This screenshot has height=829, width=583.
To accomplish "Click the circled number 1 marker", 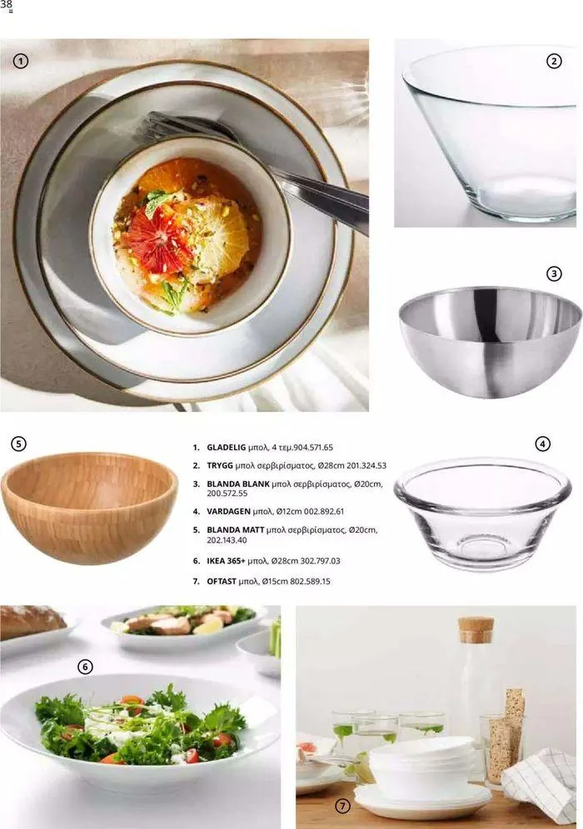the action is click(20, 62).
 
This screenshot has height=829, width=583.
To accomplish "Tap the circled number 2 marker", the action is click(553, 62).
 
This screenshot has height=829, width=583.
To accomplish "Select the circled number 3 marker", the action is click(553, 274).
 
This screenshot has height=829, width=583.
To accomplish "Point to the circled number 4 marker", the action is click(543, 444).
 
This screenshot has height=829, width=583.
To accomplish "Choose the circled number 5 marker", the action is click(18, 444).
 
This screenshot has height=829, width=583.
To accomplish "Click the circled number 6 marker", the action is click(85, 667).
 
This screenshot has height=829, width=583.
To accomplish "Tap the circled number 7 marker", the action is click(343, 806).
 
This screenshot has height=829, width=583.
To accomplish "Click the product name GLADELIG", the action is click(227, 447).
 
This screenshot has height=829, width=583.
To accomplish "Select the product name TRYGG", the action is click(220, 465).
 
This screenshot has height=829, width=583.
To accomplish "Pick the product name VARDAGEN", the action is click(228, 511).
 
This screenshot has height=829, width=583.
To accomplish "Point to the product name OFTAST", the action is click(222, 581).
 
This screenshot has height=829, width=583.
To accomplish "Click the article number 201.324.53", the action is click(366, 465).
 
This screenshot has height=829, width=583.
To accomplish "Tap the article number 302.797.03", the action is click(320, 560).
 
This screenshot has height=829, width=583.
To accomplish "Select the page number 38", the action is click(7, 6).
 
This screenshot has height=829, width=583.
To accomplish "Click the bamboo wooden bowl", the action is click(89, 508).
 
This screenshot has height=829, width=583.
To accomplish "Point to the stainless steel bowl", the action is click(490, 341).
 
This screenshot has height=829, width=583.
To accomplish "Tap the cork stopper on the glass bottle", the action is click(476, 630).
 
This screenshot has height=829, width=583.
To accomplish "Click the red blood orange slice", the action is click(157, 240).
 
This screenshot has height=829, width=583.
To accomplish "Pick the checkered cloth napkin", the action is click(540, 783).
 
